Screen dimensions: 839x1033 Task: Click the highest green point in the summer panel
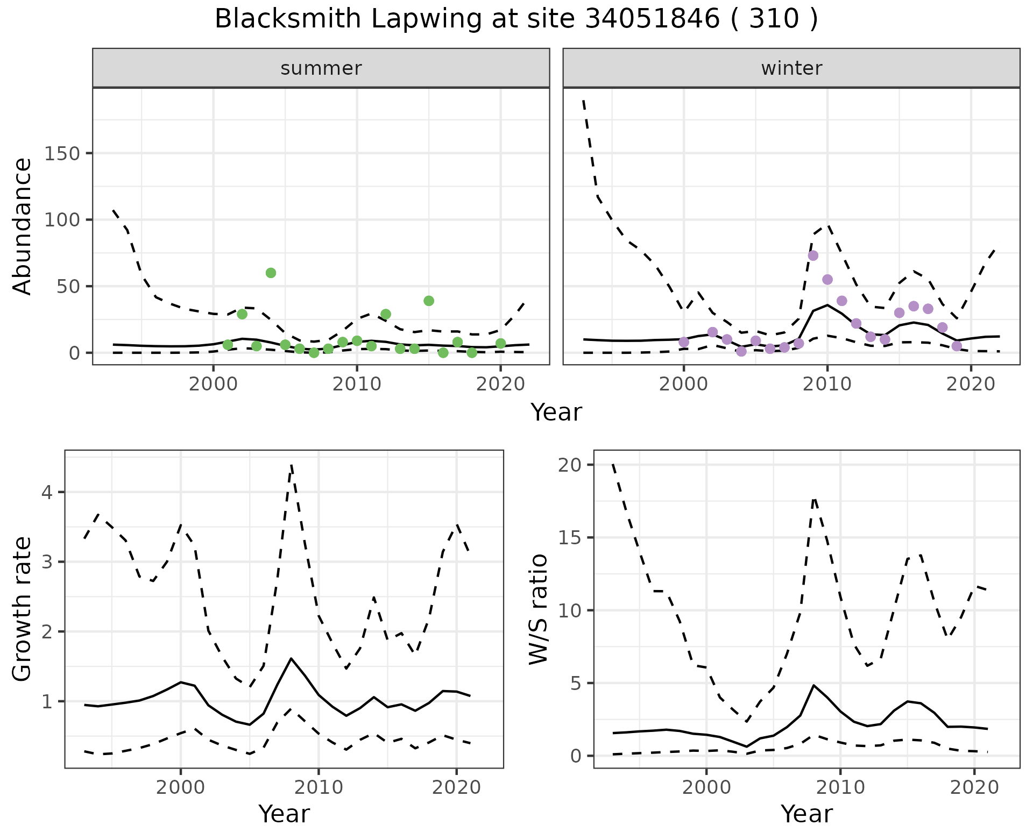click(271, 273)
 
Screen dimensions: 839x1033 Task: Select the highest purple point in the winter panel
click(813, 255)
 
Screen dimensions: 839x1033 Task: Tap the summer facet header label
click(321, 68)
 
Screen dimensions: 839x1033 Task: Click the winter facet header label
click(791, 68)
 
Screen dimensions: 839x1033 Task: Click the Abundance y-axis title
click(23, 226)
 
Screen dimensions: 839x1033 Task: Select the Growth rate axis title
click(23, 609)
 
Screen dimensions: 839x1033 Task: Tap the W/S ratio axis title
click(539, 609)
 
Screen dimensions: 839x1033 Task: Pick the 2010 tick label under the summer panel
click(356, 385)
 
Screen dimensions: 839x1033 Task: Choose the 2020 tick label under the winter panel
click(971, 385)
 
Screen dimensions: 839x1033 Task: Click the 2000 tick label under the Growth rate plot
click(180, 788)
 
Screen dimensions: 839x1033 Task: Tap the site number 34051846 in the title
click(652, 19)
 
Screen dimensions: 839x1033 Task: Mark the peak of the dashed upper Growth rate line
click(291, 465)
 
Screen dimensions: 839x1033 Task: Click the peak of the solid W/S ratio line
click(813, 685)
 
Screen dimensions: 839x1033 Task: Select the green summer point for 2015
click(429, 301)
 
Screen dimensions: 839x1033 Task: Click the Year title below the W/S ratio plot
click(806, 814)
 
